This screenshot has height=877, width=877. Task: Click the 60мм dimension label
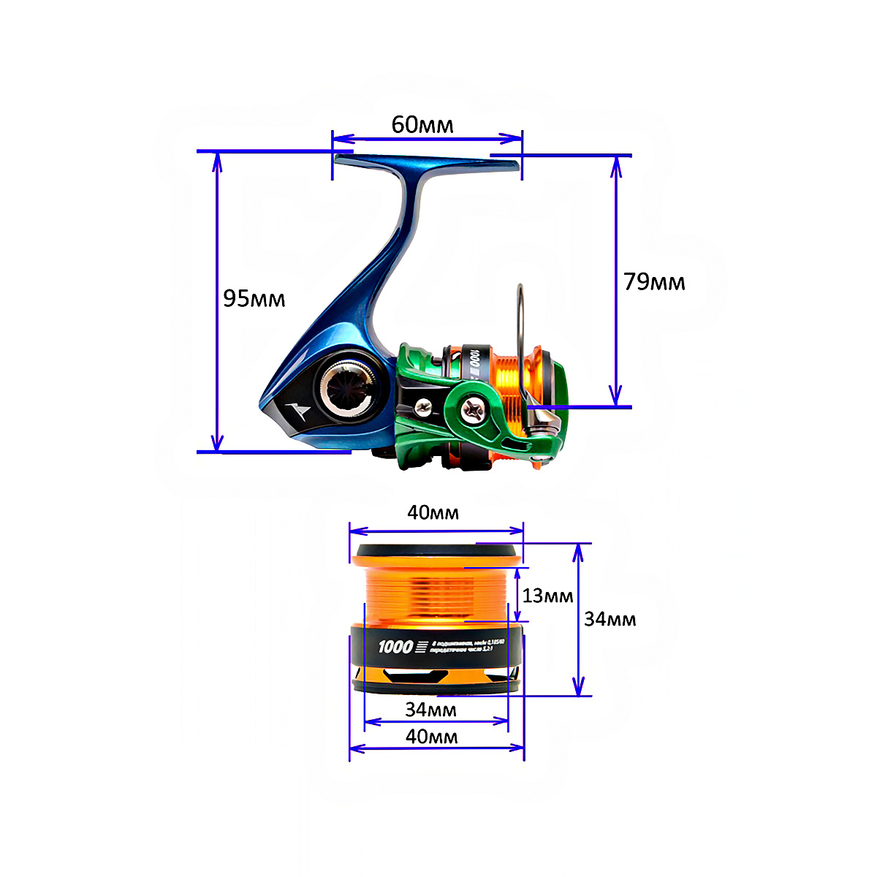pos(422,125)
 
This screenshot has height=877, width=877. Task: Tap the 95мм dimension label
pos(254,298)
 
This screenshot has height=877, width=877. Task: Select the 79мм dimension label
pos(654,281)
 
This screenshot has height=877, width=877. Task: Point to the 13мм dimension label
pos(547,596)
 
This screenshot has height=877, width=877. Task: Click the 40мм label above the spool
pos(433,512)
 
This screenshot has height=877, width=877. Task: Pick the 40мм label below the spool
pos(432,736)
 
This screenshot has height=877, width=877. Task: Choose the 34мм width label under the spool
pos(431,709)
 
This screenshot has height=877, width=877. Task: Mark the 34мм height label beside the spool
pos(610,619)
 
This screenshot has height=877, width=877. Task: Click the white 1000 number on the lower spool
pos(395,646)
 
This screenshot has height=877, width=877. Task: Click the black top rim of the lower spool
pos(437,550)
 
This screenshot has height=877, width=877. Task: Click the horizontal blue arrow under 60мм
pos(428,137)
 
